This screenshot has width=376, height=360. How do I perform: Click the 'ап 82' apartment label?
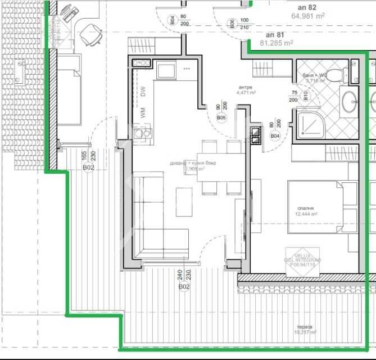[x=308, y=8]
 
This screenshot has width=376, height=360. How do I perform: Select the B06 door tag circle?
[x=232, y=23]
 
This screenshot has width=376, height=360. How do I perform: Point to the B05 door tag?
[x=221, y=118]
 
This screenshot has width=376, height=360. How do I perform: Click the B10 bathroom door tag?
[x=306, y=96]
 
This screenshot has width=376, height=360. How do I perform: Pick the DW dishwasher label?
[x=143, y=91]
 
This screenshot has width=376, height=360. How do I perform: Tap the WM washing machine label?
[x=143, y=112]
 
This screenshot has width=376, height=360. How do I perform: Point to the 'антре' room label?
[x=246, y=87]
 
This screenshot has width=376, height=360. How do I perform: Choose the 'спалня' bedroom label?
[x=306, y=207]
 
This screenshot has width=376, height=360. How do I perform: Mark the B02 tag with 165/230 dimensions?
[x=88, y=168]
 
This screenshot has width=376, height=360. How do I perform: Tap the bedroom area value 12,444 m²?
[x=306, y=214]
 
